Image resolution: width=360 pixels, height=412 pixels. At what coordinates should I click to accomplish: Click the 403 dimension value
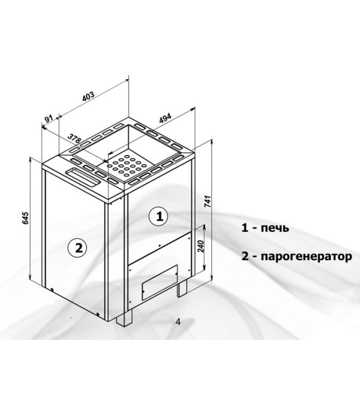coord(88,97)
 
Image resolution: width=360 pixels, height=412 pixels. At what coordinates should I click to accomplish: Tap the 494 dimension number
coord(165,118)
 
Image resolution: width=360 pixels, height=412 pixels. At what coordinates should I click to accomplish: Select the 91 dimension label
coord(50,119)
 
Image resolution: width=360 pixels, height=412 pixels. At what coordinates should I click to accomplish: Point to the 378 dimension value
coord(74,138)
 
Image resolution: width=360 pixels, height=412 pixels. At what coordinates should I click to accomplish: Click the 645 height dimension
coord(25,218)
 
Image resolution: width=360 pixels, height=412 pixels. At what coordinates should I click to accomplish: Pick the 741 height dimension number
coord(208,202)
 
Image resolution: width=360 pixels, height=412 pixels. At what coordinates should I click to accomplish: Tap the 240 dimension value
coord(201,246)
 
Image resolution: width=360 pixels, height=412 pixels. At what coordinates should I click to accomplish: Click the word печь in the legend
coord(275,228)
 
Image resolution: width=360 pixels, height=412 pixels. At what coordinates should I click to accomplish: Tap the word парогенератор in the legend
coord(307,256)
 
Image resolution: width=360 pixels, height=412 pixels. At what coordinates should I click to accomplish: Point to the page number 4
coord(178,322)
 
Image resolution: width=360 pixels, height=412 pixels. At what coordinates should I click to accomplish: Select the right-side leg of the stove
coord(182,288)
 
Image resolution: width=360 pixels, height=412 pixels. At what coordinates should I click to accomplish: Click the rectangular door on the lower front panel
coord(160,283)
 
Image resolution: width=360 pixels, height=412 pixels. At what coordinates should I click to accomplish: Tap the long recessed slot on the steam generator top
coord(83,177)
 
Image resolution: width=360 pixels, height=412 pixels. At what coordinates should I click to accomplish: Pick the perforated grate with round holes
coord(127,165)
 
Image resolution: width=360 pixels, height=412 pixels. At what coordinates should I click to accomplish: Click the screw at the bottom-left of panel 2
coord(52,290)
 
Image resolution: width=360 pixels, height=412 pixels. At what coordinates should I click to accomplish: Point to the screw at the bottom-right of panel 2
coord(98,314)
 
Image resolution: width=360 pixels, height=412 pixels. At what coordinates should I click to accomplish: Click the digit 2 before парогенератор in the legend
coord(245,256)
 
